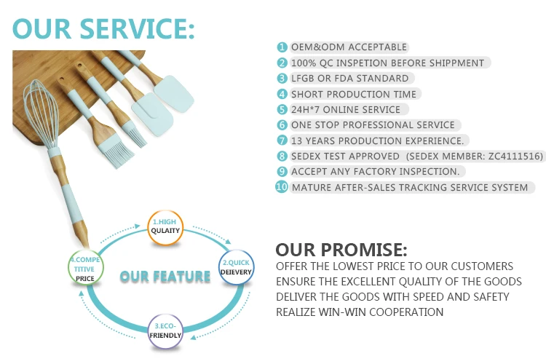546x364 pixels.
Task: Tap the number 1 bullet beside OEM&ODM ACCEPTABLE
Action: point(282,47)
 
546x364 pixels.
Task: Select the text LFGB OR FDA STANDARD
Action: point(349,79)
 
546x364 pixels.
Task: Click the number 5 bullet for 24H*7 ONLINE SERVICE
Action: point(282,110)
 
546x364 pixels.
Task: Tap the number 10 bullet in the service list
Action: point(282,187)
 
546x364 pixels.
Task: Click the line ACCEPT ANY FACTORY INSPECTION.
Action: point(375,172)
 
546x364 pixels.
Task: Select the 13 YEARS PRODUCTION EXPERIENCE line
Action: point(377,141)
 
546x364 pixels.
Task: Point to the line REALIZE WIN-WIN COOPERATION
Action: point(360,312)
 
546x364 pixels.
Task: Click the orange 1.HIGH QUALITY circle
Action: point(165,226)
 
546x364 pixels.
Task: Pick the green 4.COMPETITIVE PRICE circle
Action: point(86,269)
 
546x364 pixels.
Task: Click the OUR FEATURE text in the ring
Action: point(165,277)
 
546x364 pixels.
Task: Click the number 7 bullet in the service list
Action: point(282,141)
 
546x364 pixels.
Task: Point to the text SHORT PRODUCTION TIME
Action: point(354,94)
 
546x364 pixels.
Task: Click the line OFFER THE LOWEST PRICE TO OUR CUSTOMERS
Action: point(395,266)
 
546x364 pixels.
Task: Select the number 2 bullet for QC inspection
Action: point(282,63)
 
